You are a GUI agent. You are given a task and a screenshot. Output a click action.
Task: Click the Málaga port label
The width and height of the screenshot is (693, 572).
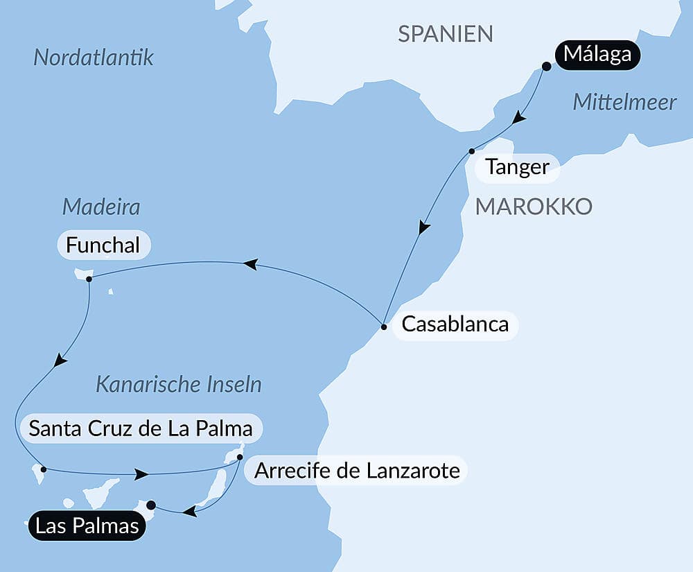[597, 53]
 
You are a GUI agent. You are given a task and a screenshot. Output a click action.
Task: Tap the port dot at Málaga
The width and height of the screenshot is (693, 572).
[546, 67]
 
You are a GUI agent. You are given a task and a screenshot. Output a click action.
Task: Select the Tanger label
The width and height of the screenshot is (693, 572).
[518, 167]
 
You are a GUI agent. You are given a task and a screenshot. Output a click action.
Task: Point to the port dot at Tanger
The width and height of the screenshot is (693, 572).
[471, 151]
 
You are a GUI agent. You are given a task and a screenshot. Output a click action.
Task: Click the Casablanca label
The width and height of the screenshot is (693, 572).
[455, 324]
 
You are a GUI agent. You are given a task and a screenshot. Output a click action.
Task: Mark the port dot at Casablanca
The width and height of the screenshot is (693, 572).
[384, 325]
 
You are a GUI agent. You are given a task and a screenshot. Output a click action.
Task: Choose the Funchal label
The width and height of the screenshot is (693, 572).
[103, 245]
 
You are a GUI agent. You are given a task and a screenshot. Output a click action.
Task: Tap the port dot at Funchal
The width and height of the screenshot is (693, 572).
[89, 279]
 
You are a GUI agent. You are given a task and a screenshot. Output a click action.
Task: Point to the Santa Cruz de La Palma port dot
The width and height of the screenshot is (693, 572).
[43, 469]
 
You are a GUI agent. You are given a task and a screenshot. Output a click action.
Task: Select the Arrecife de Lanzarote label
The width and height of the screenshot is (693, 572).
[357, 471]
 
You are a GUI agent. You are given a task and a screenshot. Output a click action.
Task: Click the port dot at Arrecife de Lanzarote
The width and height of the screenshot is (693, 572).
[240, 457]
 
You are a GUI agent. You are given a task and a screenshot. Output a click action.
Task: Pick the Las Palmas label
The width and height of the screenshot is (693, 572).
[87, 526]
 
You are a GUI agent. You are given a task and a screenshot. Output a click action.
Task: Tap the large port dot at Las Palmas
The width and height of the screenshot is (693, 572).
[151, 505]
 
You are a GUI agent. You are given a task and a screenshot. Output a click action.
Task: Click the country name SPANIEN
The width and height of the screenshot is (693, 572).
[446, 33]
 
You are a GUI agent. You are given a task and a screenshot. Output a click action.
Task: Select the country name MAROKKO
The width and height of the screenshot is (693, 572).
[533, 206]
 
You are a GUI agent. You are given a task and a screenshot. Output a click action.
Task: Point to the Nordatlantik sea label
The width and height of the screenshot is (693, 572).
[94, 58]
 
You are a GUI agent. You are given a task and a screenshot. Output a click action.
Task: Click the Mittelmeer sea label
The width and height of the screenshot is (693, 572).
[624, 103]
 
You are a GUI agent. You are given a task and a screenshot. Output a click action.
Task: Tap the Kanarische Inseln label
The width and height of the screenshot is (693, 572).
[178, 385]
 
